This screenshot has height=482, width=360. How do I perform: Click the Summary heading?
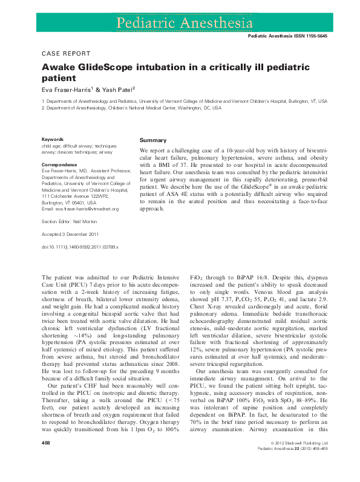point(153,140)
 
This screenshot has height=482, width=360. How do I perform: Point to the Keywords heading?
point(53,140)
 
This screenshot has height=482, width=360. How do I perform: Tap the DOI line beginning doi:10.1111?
point(79,247)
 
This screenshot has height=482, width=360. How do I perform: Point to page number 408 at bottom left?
point(46,460)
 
